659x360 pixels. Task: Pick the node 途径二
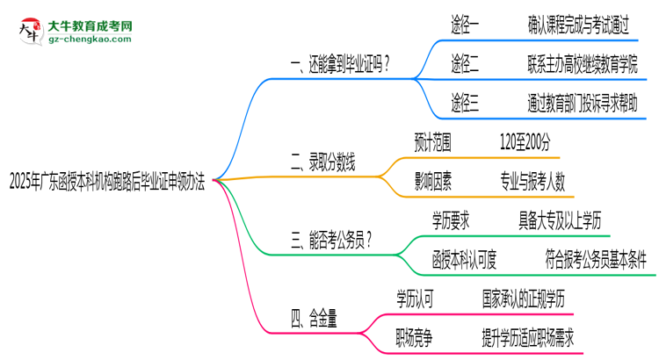click(x=466, y=64)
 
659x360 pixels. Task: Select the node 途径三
click(x=466, y=102)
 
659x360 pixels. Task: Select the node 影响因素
click(x=433, y=181)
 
